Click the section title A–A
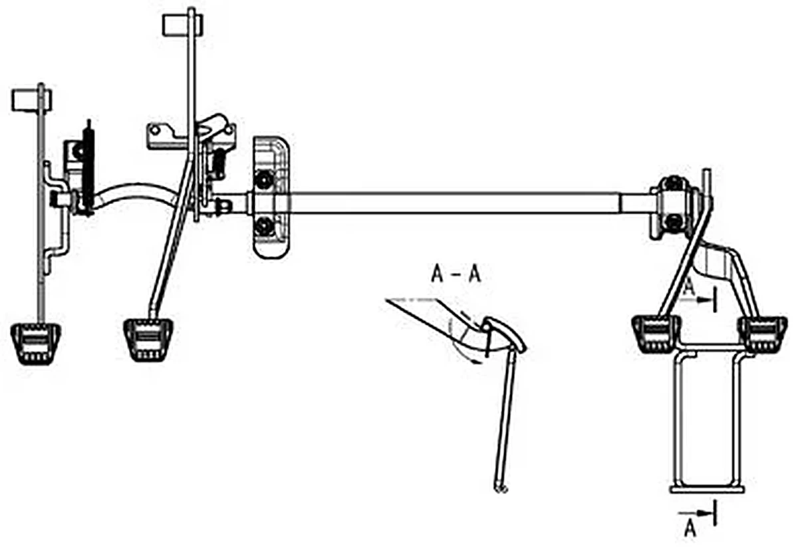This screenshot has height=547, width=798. point(456,275)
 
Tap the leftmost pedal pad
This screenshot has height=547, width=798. point(36,344)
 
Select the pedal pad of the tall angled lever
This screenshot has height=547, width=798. point(148,340)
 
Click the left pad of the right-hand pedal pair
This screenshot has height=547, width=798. point(656,335)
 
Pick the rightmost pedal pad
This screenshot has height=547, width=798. point(763,335)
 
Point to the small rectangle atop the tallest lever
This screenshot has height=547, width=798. point(182,25)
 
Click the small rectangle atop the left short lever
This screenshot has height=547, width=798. point(32,100)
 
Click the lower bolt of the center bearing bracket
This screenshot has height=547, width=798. point(263,225)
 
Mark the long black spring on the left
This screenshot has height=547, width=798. point(88,167)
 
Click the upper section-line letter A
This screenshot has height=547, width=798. point(690,287)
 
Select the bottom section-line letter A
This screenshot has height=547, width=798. point(690,530)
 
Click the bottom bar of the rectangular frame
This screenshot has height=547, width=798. point(708,490)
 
